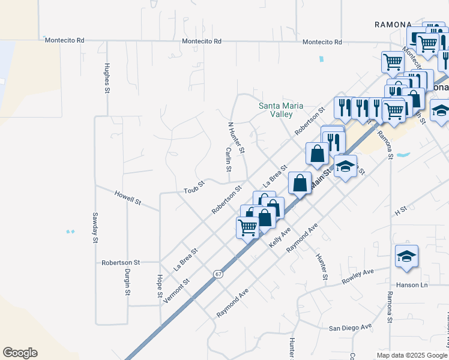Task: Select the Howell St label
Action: coord(127,199)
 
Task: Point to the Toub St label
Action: coord(194,190)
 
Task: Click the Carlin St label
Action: coord(229,160)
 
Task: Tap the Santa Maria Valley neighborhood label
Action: coord(276,110)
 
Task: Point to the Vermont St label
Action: coord(176,290)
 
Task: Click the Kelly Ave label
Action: coord(280,238)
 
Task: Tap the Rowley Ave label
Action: coord(358,276)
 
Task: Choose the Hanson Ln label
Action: coord(411,284)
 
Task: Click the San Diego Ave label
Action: coord(350,328)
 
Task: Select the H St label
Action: coord(401,212)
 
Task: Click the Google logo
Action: coord(20,353)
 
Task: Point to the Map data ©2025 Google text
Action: coord(411,355)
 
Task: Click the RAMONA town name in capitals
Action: coord(393,25)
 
